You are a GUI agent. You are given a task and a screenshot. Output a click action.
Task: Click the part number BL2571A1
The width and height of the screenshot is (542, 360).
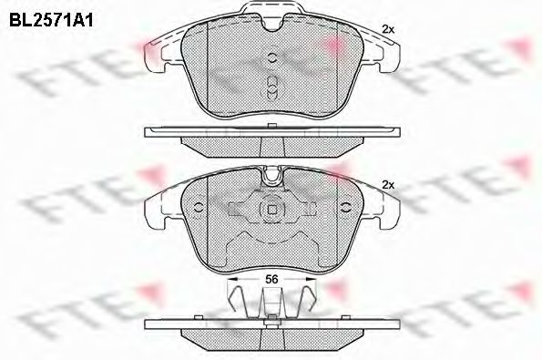coord(51,21)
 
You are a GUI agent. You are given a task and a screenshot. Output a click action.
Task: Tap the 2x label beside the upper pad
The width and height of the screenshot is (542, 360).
coord(388,30)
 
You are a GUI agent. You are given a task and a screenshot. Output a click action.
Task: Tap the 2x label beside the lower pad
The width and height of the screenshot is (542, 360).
coord(388,185)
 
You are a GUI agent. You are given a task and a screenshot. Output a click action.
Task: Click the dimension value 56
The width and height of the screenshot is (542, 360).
coord(271,279)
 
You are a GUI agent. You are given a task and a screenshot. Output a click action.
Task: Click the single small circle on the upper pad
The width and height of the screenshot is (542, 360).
coord(272,57)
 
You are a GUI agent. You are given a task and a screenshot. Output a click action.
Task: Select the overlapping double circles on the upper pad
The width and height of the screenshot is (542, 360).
coord(272,87)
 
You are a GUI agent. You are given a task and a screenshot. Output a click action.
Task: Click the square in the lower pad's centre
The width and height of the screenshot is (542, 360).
coord(271,209)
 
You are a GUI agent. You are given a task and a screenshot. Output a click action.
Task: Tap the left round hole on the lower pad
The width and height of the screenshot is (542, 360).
coord(199,208)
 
